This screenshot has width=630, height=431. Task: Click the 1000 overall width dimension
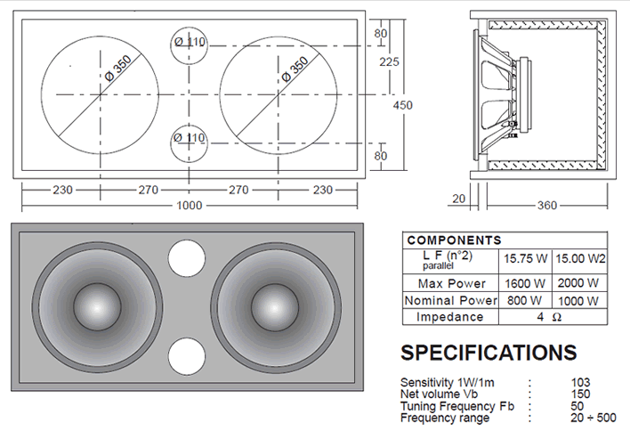pos(190,206)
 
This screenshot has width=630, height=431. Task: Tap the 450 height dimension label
pos(402,105)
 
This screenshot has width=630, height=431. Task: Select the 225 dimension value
pos(390,62)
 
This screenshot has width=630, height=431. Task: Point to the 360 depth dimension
pos(547,206)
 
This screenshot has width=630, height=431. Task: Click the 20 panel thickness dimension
pos(458,199)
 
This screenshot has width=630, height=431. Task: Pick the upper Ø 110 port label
pos(190,42)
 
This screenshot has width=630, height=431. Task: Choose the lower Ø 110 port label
pos(190,138)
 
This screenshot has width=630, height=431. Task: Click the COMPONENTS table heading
pos(455,240)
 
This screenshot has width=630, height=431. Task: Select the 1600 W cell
pos(525,283)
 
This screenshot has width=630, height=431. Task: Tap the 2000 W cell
pos(578,283)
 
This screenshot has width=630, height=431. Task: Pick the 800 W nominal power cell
pos(524,300)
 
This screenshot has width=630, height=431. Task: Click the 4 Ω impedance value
pos(549,317)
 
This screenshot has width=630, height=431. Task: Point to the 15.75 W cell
pos(526,258)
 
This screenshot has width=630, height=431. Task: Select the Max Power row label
pos(452,283)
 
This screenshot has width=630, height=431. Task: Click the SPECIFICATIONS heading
pos(489,353)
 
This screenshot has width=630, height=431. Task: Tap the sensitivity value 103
pos(580,382)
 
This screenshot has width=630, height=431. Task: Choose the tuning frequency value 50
pos(577,406)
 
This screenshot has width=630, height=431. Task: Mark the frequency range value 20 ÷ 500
pos(593,418)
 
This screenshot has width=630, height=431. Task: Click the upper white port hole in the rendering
pos(187,258)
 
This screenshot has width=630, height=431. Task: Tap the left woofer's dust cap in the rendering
pos(98,307)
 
